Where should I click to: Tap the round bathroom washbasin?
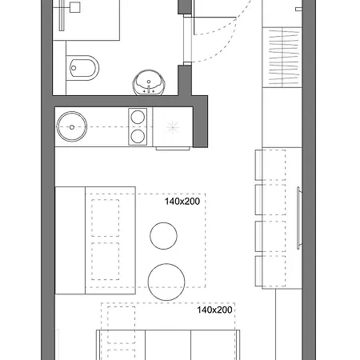click(x=149, y=82)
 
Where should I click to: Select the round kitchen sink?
click(x=72, y=126)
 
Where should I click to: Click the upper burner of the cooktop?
click(x=138, y=117)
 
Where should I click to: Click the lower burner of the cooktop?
click(x=138, y=137)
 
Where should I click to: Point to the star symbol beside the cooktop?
click(x=173, y=127)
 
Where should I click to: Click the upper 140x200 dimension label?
click(x=182, y=202)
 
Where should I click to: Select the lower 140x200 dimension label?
click(x=214, y=310)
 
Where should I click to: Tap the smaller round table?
click(x=163, y=236)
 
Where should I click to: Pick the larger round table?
click(x=166, y=282)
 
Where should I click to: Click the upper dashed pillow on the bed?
click(x=106, y=218)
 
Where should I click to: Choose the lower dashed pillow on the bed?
click(x=106, y=261)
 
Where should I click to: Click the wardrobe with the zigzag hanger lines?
click(x=282, y=58)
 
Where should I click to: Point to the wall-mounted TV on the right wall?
click(x=298, y=218)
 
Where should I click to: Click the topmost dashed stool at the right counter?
click(x=270, y=165)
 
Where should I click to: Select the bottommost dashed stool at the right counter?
click(x=270, y=271)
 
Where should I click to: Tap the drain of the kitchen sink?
click(x=72, y=127)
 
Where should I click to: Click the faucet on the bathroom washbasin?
click(x=149, y=89)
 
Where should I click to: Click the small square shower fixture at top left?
click(x=75, y=7)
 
